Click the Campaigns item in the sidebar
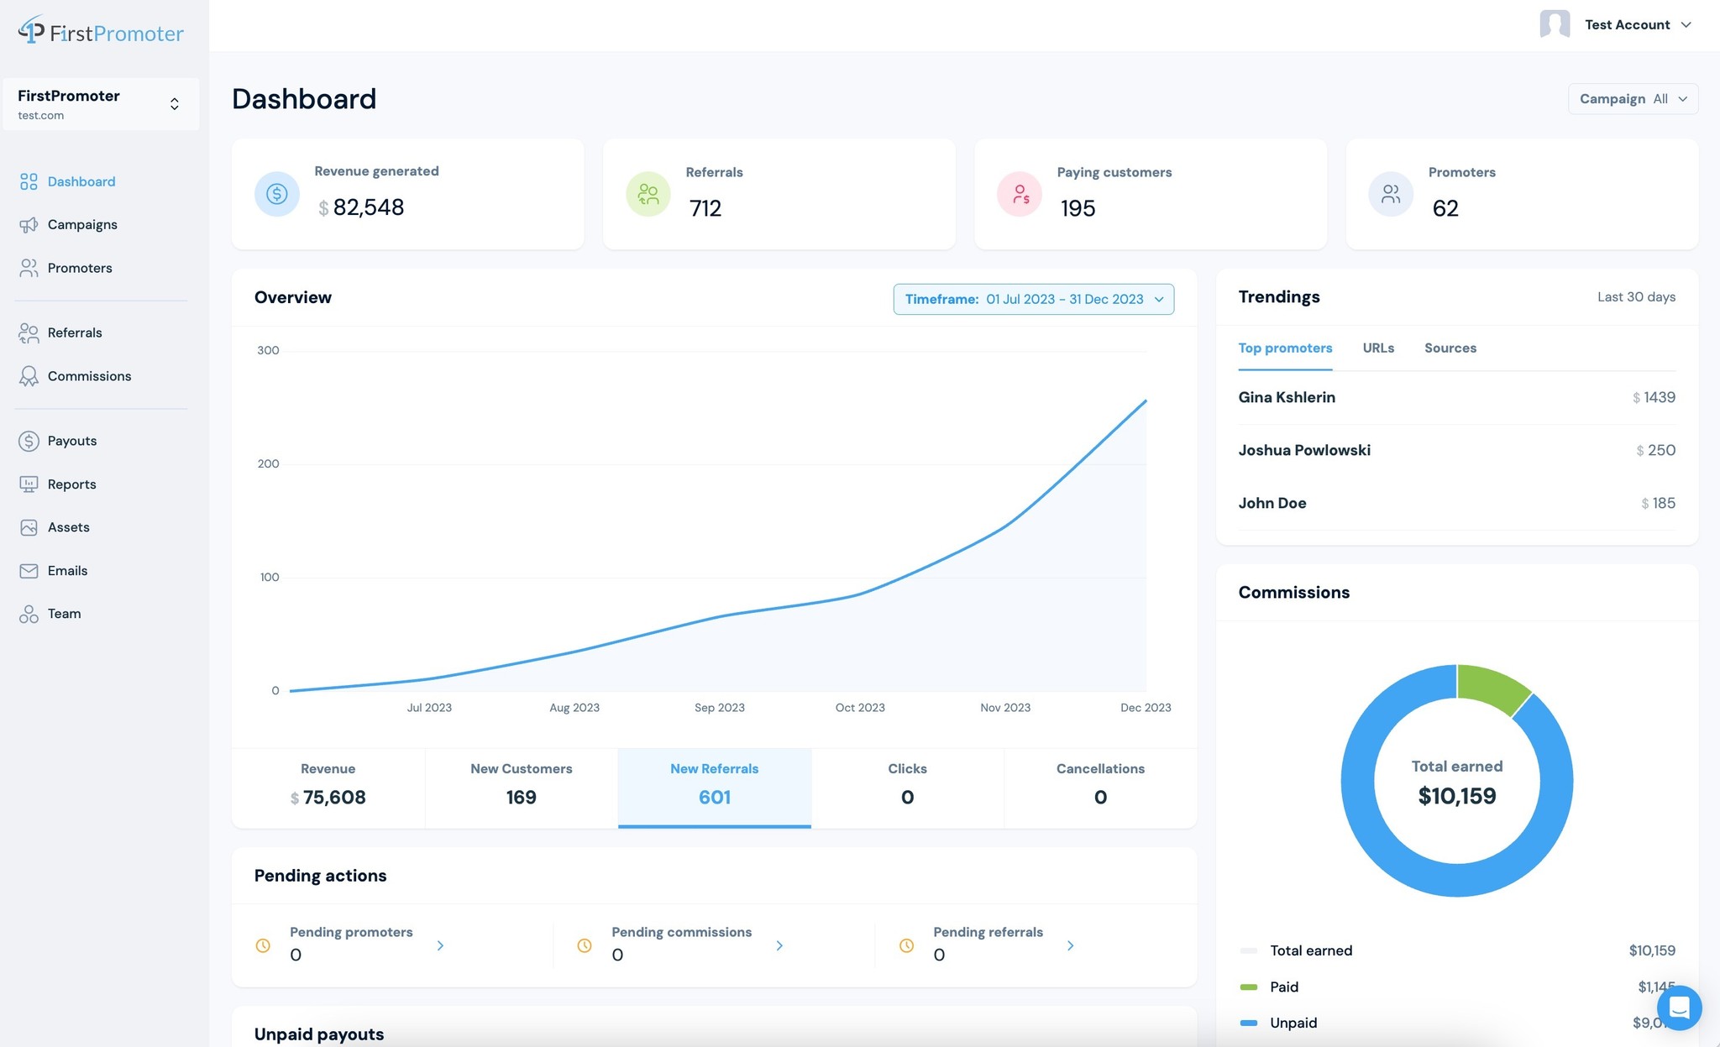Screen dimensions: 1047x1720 coord(81,224)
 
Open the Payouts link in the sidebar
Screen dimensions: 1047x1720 coord(71,441)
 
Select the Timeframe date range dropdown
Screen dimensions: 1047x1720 coord(1033,299)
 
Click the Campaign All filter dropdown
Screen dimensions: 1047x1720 coord(1633,99)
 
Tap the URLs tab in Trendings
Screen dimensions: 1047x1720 coord(1378,348)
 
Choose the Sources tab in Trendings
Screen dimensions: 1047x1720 coord(1450,348)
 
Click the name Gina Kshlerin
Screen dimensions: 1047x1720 coord(1286,397)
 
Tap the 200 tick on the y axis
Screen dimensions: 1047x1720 coord(268,463)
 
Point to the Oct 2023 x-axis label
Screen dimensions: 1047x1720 coord(859,708)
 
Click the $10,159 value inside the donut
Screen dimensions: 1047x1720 coord(1456,796)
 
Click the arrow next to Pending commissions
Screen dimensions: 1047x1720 coord(779,945)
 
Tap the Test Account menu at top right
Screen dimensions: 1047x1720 coord(1616,25)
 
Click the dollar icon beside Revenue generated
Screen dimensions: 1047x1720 coord(277,194)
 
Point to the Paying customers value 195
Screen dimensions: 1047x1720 coord(1078,208)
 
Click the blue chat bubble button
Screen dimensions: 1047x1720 coord(1679,1007)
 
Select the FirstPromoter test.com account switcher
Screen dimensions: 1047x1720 coord(101,104)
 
